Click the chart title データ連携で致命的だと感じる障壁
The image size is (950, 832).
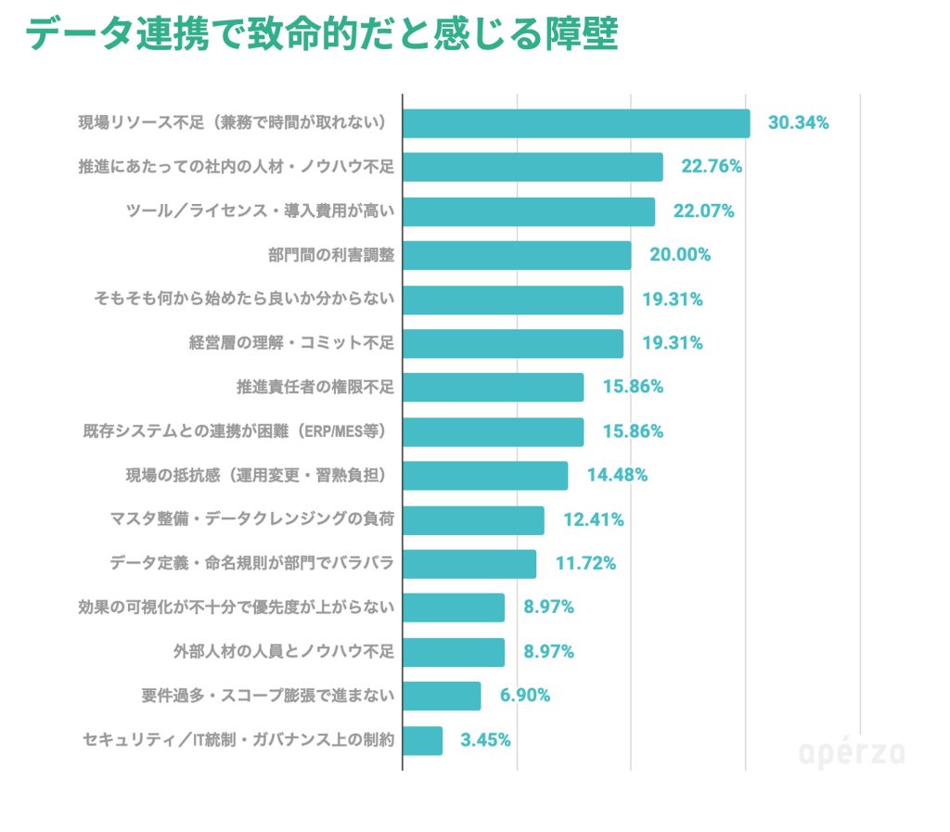pos(320,35)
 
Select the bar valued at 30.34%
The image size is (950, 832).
pos(576,123)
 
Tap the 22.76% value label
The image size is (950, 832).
pos(712,167)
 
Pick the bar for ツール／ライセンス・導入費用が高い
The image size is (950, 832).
pos(529,211)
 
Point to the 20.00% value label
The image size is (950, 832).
pos(680,255)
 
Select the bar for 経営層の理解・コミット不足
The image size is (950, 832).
pos(513,343)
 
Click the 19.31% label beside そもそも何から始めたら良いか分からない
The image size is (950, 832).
pos(673,300)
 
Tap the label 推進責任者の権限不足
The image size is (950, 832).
pos(315,387)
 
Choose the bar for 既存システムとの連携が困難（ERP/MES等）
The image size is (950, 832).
pos(493,431)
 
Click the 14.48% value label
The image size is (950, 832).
pos(617,475)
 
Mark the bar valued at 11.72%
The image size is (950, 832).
pos(469,563)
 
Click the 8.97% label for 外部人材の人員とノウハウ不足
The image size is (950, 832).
pos(548,651)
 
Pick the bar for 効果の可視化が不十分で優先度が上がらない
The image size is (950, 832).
pos(454,608)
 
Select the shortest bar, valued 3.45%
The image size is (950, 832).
pos(423,740)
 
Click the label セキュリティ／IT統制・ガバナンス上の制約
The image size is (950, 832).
pos(238,740)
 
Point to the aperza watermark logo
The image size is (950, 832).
pos(852,753)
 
